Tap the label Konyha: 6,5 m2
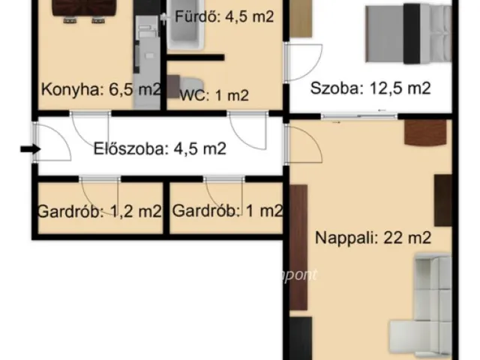[x=100, y=90]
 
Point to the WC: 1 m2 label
[x=214, y=94]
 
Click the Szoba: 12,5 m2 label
[x=371, y=88]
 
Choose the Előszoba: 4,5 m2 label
[x=160, y=148]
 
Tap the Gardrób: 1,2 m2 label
[x=99, y=211]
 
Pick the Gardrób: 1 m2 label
[x=227, y=211]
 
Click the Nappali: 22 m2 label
[x=373, y=238]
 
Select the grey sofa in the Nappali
[x=424, y=304]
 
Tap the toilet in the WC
[x=187, y=84]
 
